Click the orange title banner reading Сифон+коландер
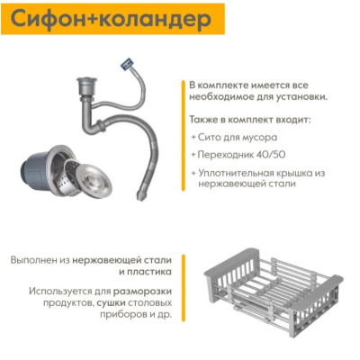coord(112,19)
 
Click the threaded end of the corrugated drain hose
coord(140,195)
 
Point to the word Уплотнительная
coord(237,174)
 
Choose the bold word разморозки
coord(142,292)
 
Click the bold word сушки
coord(111,302)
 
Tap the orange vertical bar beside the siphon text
coord(183,135)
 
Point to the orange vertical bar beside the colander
coord(184,288)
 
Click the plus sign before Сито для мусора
coord(193,138)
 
